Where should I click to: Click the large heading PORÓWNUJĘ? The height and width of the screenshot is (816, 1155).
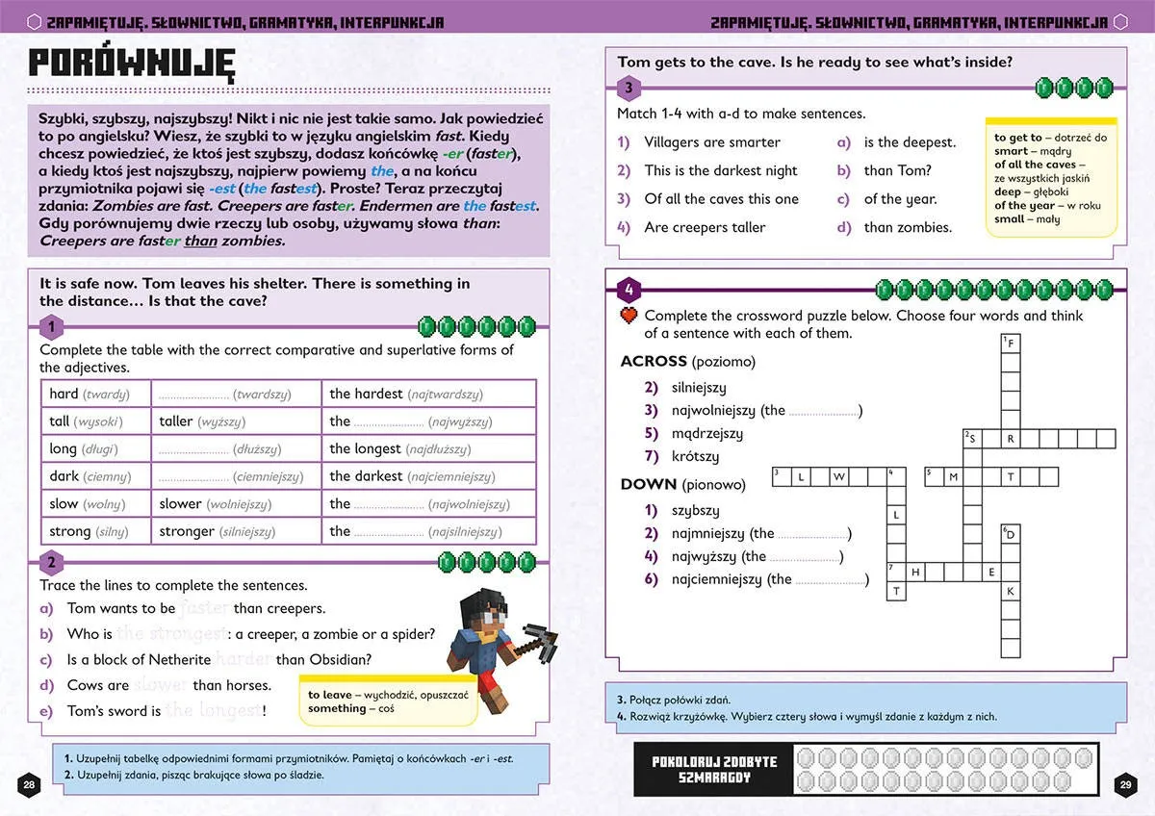132,62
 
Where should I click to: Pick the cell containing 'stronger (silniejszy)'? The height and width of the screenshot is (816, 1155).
236,531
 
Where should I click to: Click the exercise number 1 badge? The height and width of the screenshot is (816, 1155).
51,325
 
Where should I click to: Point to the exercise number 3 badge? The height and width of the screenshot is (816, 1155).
628,89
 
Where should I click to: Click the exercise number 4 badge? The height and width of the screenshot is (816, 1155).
628,289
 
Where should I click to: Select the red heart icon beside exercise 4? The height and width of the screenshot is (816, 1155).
629,315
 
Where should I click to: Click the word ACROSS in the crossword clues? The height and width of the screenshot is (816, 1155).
654,362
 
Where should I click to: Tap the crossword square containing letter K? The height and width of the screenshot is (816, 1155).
1011,592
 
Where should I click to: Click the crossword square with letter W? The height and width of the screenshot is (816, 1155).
839,476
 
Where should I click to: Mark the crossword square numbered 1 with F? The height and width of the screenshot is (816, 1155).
1011,343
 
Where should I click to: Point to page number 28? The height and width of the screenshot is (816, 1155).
30,784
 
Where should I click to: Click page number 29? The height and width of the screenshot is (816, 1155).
1124,784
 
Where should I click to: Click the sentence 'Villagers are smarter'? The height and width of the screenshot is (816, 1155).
712,142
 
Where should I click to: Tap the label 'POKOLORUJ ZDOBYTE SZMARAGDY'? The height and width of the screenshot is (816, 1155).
713,769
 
